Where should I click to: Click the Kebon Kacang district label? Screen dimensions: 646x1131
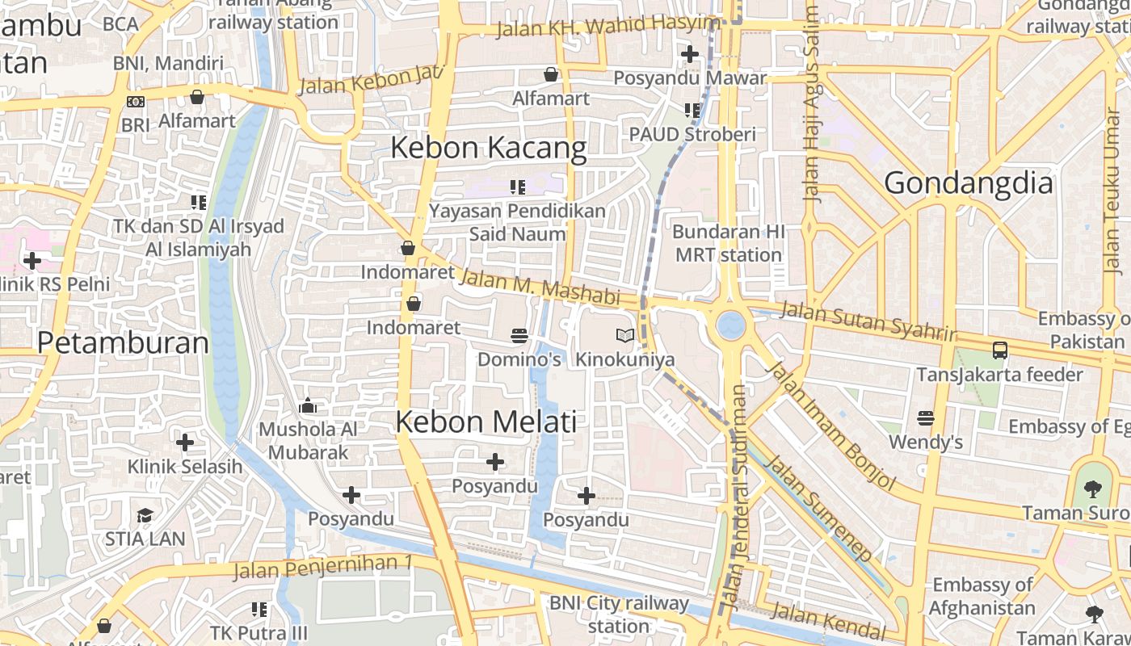pyautogui.click(x=489, y=148)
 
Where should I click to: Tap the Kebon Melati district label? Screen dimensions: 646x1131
pyautogui.click(x=486, y=422)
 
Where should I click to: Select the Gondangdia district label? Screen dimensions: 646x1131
pyautogui.click(x=969, y=183)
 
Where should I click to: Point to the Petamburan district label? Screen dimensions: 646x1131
pyautogui.click(x=124, y=342)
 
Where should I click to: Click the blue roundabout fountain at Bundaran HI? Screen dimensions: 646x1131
pyautogui.click(x=731, y=325)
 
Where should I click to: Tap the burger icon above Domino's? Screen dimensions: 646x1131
pyautogui.click(x=519, y=335)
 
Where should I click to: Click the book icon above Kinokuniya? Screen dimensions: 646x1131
pyautogui.click(x=624, y=335)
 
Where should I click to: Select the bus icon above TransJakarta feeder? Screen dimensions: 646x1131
pyautogui.click(x=999, y=350)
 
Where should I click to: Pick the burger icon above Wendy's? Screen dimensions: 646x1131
pyautogui.click(x=926, y=418)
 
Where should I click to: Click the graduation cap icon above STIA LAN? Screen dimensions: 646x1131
pyautogui.click(x=145, y=515)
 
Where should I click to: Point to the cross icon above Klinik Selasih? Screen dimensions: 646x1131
pyautogui.click(x=185, y=443)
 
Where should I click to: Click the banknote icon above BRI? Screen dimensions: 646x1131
pyautogui.click(x=136, y=102)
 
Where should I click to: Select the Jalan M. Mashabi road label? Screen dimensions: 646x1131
pyautogui.click(x=539, y=287)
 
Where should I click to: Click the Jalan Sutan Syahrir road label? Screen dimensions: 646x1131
pyautogui.click(x=868, y=321)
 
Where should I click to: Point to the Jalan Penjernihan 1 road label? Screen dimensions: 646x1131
pyautogui.click(x=323, y=566)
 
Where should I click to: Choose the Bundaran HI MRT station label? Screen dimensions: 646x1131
pyautogui.click(x=729, y=243)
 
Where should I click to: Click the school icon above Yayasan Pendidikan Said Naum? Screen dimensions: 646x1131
pyautogui.click(x=518, y=187)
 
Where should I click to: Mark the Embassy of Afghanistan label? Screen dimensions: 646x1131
pyautogui.click(x=982, y=596)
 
